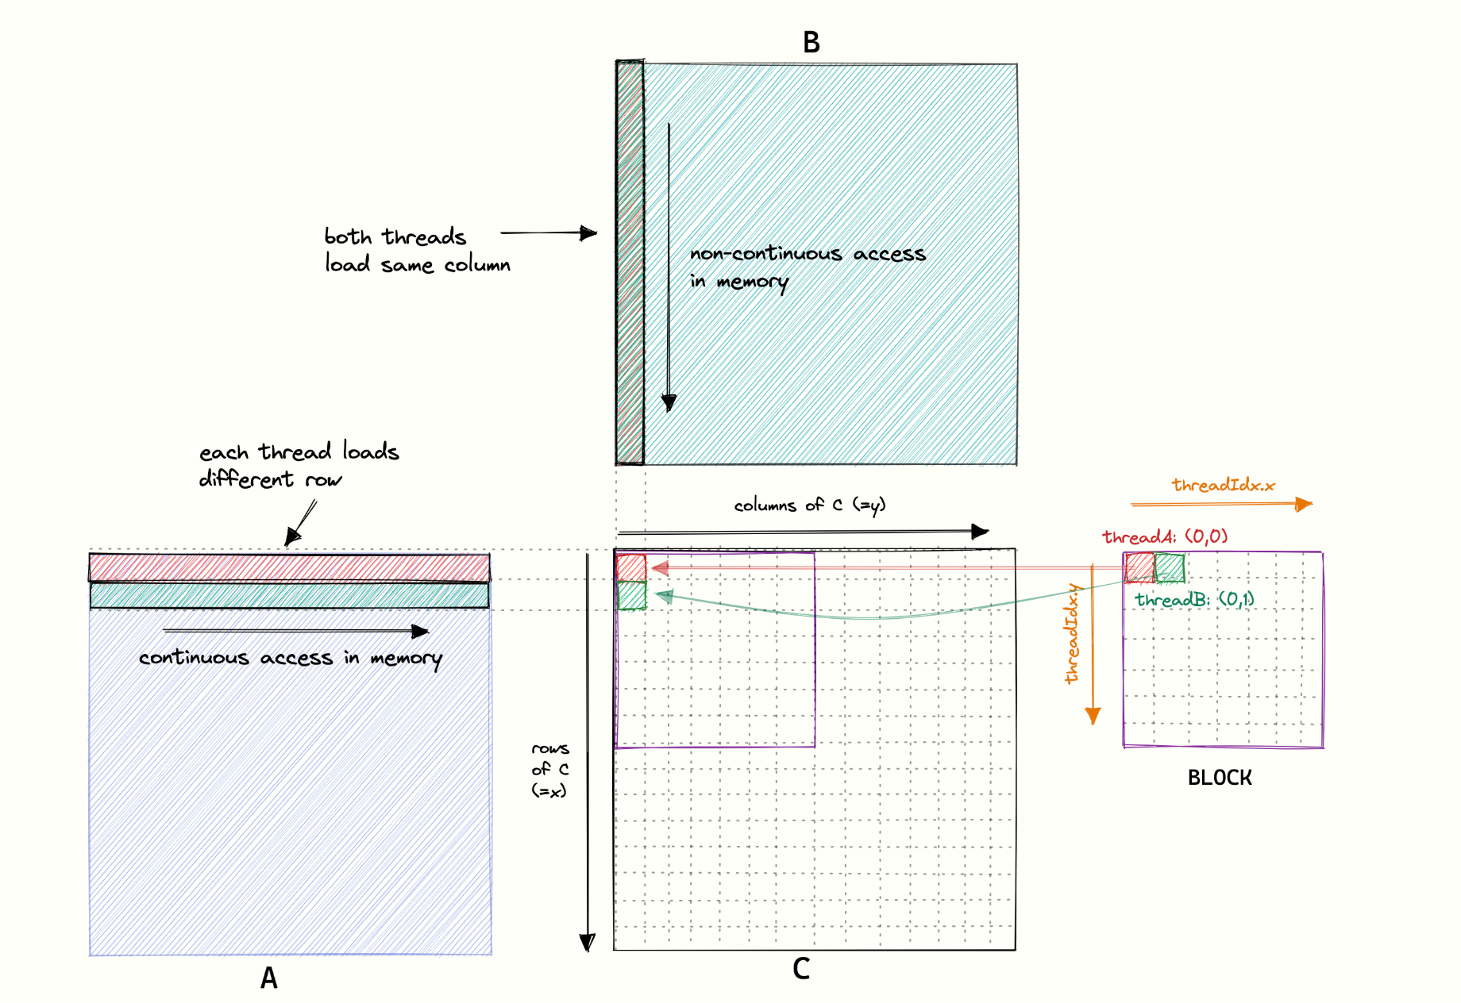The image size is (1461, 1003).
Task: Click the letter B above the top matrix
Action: click(x=811, y=42)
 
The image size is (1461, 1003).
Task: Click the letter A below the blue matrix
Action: click(x=269, y=978)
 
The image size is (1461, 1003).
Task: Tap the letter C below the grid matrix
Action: click(x=801, y=968)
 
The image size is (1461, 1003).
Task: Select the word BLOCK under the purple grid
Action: click(x=1220, y=778)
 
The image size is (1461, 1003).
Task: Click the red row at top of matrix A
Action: click(x=289, y=568)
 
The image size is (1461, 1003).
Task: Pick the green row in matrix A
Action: click(x=289, y=595)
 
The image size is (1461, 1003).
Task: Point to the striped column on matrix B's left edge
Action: click(x=630, y=263)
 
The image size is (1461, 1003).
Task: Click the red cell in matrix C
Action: click(x=631, y=567)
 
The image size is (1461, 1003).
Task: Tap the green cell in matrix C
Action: click(x=632, y=595)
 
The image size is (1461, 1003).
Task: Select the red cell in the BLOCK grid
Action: click(x=1139, y=567)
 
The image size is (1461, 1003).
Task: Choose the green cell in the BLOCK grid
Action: click(x=1170, y=567)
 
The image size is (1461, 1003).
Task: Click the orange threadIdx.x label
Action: click(x=1224, y=485)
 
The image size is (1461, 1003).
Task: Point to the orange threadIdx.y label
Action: click(x=1072, y=633)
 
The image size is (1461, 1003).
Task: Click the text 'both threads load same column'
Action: click(x=417, y=250)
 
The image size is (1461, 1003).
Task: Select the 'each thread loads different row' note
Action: click(x=299, y=465)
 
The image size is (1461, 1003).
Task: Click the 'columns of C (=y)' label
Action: click(x=809, y=505)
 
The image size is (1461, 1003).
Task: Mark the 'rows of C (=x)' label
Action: click(x=550, y=770)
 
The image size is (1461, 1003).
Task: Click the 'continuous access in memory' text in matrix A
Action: click(x=291, y=659)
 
